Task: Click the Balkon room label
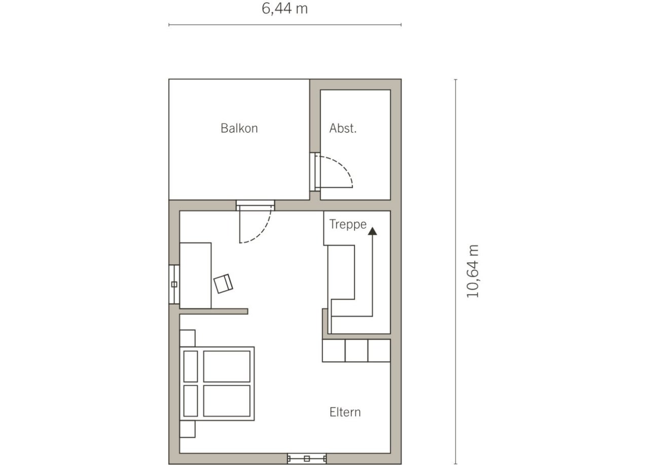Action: pos(239,128)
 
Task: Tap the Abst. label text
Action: pos(343,128)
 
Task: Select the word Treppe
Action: pos(348,224)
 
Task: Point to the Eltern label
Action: pos(345,412)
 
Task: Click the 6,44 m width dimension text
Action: pos(284,9)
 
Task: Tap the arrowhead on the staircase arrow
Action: pos(372,231)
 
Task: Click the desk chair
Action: pos(223,284)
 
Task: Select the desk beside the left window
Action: pos(195,276)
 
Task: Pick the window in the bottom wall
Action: pos(307,458)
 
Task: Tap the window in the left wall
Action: pos(174,284)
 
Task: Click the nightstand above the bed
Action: pos(188,338)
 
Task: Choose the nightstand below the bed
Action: pos(188,429)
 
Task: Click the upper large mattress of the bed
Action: pos(227,367)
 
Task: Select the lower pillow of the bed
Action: pos(191,401)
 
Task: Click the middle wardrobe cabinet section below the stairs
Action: pos(356,350)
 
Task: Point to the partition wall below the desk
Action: pos(213,311)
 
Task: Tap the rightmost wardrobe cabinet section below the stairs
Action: pos(379,350)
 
